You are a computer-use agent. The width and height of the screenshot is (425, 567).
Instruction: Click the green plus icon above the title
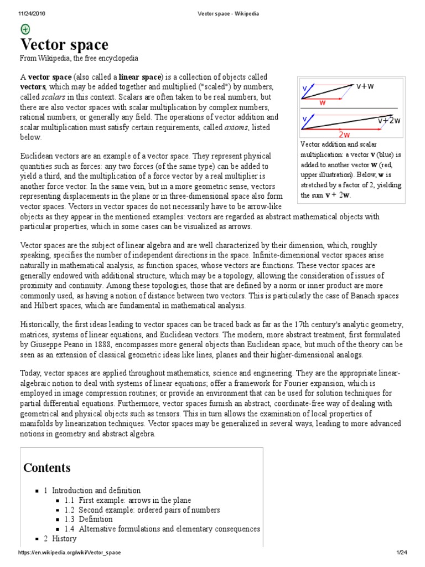point(25,29)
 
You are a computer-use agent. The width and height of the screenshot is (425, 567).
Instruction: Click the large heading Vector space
point(64,45)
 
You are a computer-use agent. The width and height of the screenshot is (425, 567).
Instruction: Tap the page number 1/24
point(401,553)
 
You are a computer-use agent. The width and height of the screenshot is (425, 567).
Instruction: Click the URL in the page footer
point(69,553)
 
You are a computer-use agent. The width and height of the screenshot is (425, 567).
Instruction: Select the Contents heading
point(47,467)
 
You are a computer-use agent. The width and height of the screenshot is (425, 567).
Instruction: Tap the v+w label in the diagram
point(365,86)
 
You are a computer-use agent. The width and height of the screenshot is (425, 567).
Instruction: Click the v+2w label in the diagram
point(389,120)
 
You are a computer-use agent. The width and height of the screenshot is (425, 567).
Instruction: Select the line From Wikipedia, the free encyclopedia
point(79,58)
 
